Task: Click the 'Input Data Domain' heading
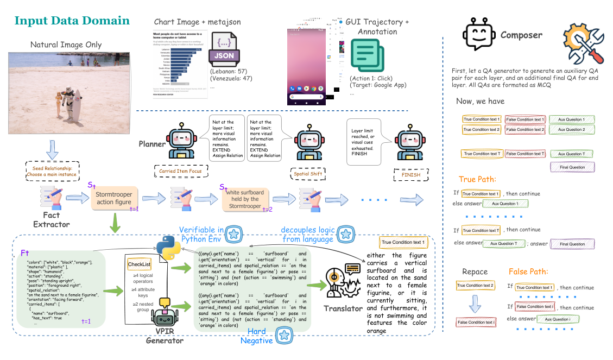coord(72,21)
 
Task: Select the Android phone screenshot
coord(306,66)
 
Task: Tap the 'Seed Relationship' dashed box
coord(52,172)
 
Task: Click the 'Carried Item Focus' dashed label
coord(179,171)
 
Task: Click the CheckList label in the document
coord(139,264)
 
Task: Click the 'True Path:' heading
coord(478,180)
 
